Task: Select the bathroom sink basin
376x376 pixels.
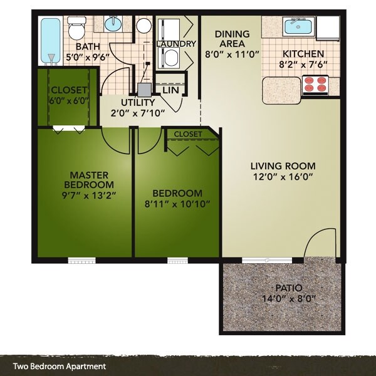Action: point(113,24)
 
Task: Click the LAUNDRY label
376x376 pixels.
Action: point(176,44)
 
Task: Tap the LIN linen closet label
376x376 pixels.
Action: point(169,90)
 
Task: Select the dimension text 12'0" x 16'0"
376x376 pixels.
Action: point(283,177)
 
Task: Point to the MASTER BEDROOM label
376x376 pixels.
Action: point(88,180)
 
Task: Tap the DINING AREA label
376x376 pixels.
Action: point(232,38)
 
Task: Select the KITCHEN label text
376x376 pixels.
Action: point(302,54)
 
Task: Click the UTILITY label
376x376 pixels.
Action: point(138,103)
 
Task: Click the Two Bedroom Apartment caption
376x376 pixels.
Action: point(60,367)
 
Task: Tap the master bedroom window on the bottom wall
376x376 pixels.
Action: point(81,260)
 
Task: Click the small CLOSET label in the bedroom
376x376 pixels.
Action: point(188,134)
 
